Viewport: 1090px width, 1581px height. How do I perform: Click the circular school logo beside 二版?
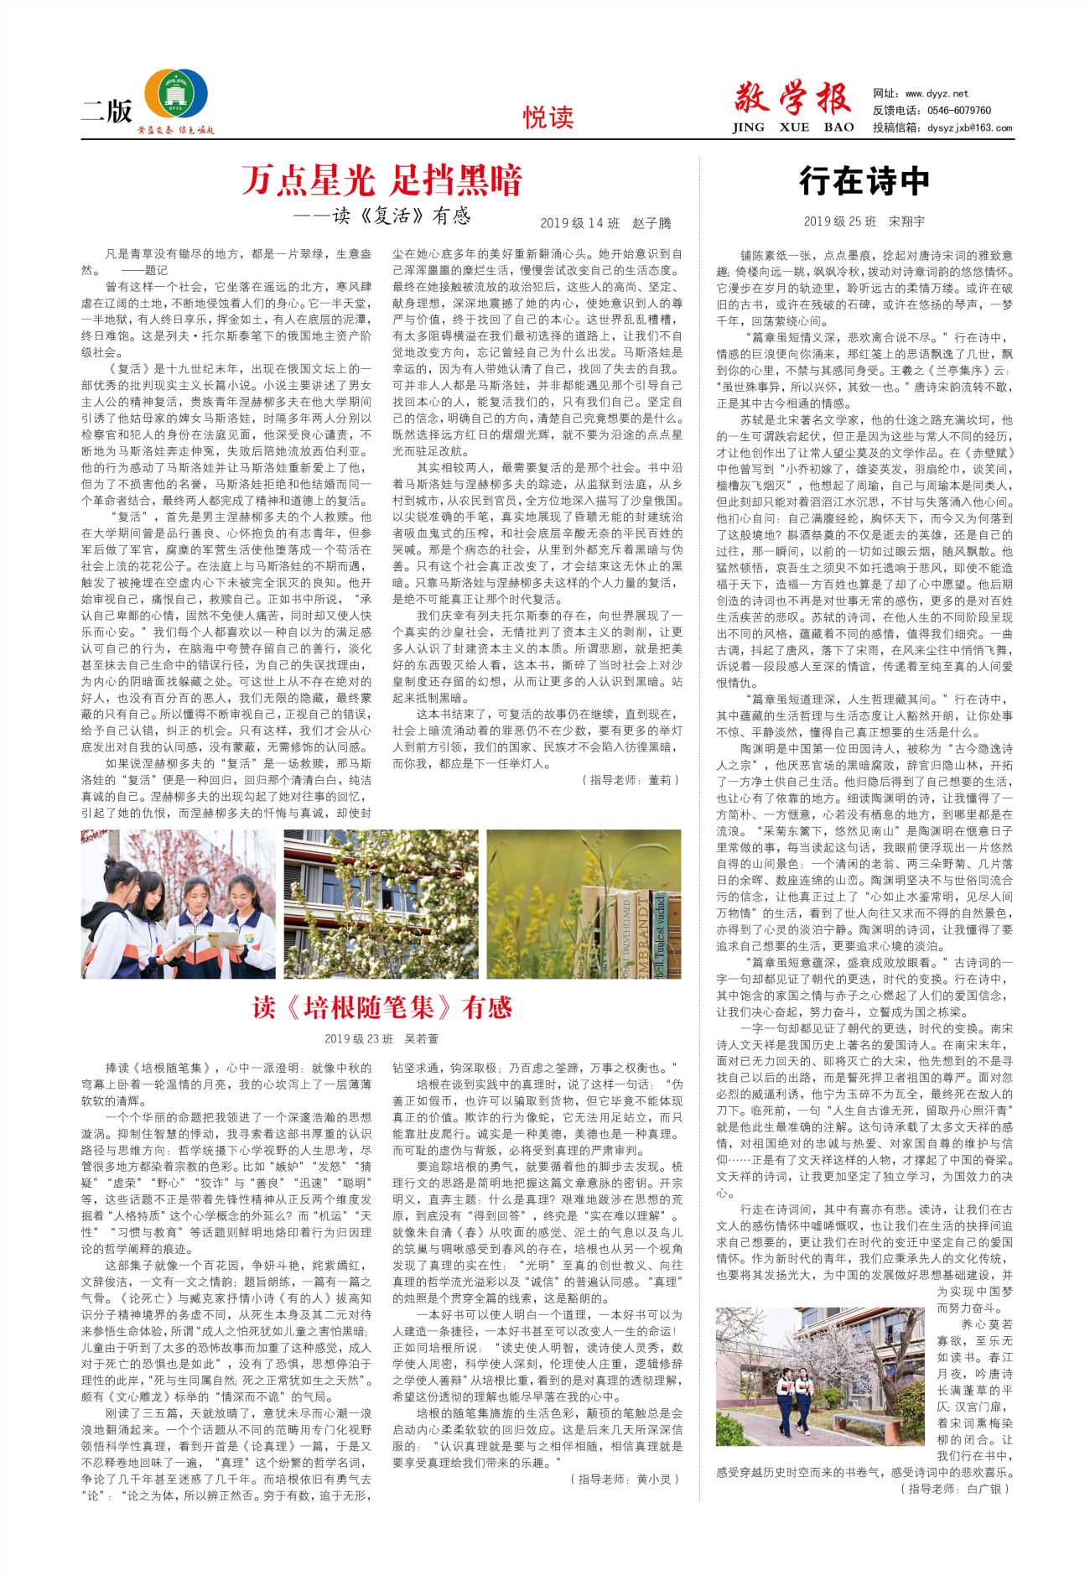[x=177, y=94]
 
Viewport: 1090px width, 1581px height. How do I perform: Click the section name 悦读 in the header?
[x=548, y=117]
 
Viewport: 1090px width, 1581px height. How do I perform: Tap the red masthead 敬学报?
[x=792, y=99]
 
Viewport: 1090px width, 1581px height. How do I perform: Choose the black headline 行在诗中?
[x=864, y=180]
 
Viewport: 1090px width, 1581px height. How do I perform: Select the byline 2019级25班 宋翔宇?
[x=864, y=221]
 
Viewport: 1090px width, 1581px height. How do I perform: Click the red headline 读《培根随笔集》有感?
[x=381, y=1007]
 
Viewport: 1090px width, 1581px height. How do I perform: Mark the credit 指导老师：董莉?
[x=630, y=780]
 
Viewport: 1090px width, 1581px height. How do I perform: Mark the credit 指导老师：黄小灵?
[x=624, y=1480]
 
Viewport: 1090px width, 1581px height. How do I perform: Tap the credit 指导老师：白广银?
[x=954, y=1489]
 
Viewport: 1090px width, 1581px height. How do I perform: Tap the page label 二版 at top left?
[x=106, y=111]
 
